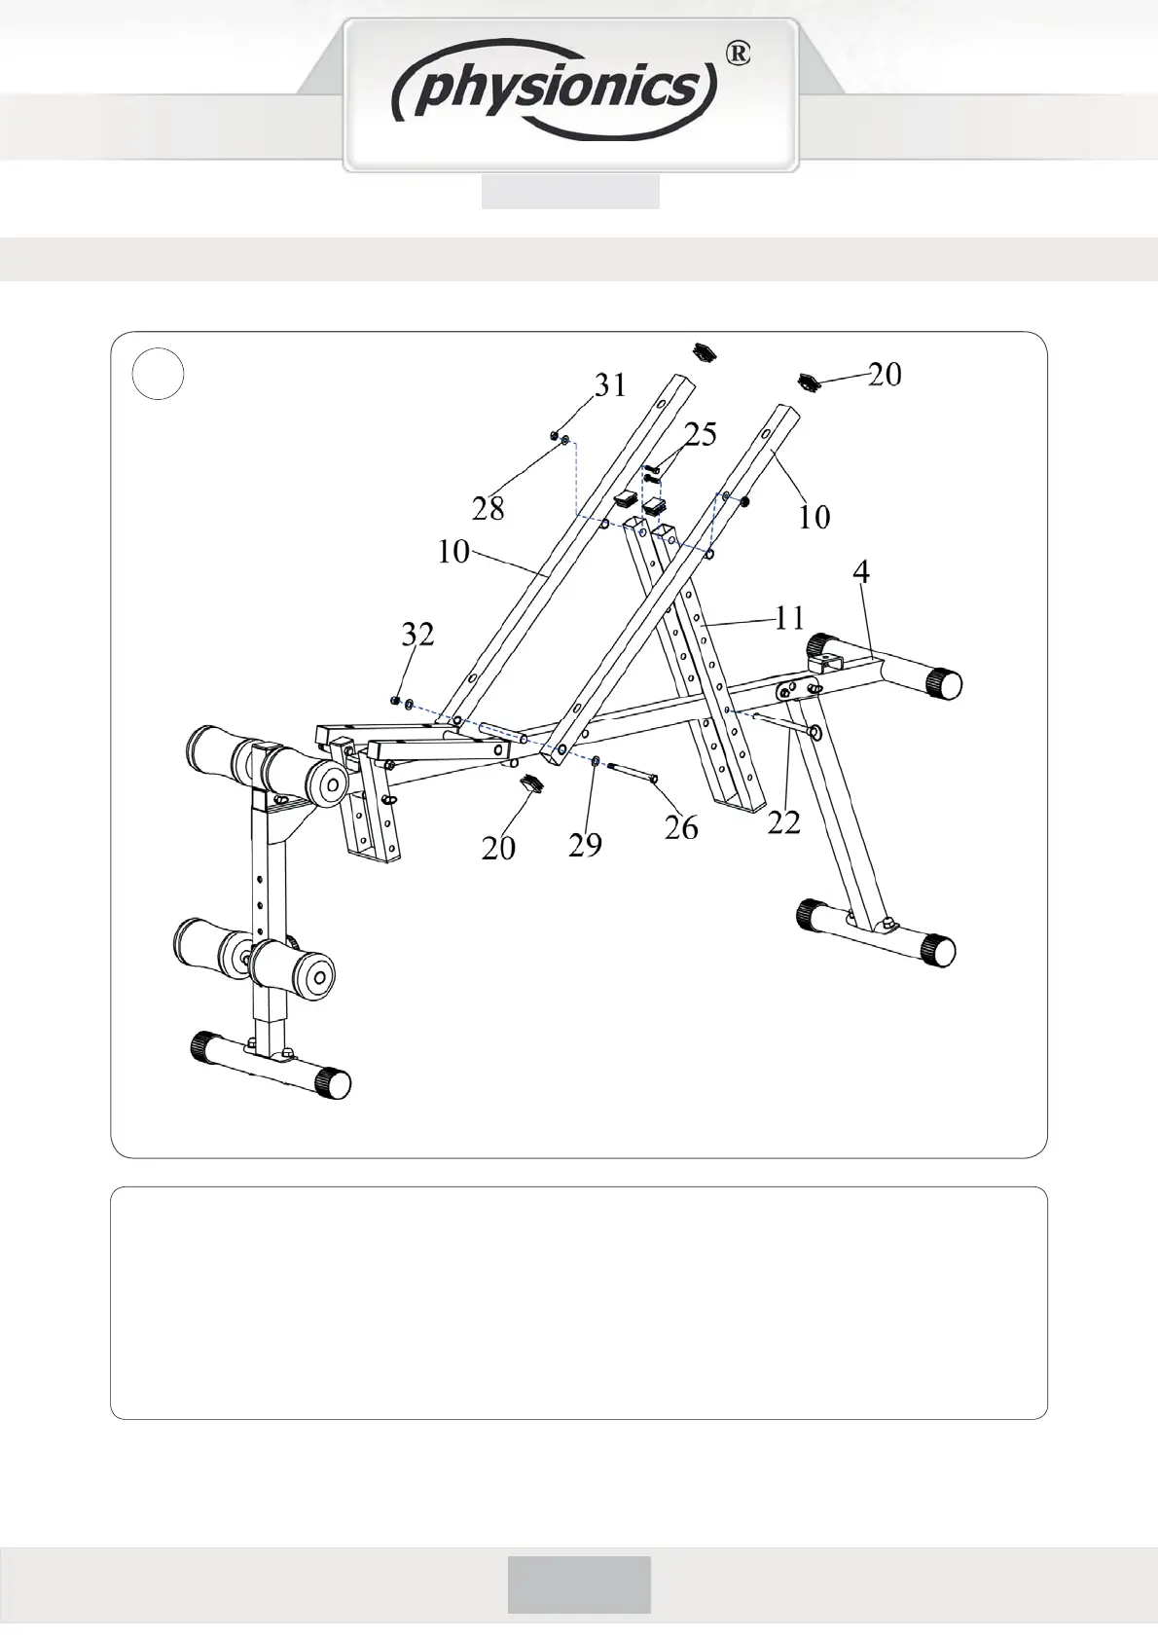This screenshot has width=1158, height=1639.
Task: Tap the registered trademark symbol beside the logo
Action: point(739,55)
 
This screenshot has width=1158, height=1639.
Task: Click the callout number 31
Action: point(610,385)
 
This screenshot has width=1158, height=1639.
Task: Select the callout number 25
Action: point(700,434)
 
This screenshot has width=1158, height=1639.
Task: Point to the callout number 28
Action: point(488,507)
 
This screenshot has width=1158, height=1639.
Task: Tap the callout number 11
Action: point(789,617)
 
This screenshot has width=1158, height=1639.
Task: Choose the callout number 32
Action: point(417,635)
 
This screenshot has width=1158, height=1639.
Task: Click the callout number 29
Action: point(585,844)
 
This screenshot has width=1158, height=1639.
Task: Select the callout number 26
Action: point(681,827)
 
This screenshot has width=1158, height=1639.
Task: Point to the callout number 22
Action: point(783,822)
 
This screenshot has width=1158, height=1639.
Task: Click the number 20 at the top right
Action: point(885,374)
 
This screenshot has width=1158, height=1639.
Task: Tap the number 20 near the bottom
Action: point(498,848)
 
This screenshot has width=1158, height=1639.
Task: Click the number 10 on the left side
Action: point(453,552)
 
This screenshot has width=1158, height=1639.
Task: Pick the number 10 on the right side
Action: point(814,517)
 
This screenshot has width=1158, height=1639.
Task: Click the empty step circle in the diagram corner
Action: point(158,374)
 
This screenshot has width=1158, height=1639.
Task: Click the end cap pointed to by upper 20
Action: point(810,381)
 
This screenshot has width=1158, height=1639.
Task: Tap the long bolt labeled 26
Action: point(633,770)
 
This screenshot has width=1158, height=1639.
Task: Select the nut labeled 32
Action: point(393,700)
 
